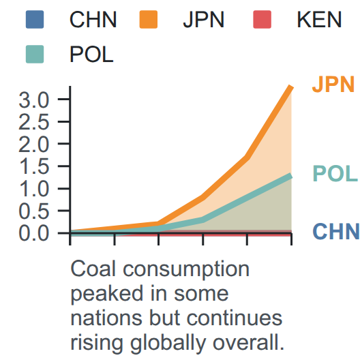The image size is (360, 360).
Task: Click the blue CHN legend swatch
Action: coord(35,19)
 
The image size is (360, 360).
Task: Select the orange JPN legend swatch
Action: coord(149,19)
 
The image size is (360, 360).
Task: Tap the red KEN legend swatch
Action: coord(262,19)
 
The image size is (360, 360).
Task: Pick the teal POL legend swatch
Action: coord(35,54)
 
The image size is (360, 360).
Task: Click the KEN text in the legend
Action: coord(319,20)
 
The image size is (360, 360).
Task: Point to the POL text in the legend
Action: coord(91,55)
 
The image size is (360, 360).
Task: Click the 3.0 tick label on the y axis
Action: coord(34,100)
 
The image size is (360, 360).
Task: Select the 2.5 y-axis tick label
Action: coord(34,122)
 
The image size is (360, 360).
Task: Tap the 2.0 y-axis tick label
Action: coord(34,145)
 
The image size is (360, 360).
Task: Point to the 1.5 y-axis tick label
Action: coord(34,166)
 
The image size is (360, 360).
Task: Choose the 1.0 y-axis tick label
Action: coord(34,189)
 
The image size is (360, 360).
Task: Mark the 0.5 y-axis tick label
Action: coord(34,211)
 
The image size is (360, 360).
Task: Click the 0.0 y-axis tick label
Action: coord(34,233)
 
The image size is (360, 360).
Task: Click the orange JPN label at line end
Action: coord(333,85)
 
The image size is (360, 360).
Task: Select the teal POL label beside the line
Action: coord(335,174)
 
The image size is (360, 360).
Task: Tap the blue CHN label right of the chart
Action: coord(336,231)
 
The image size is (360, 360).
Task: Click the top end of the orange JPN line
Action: coord(291,87)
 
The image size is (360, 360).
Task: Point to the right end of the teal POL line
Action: coord(291,176)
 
